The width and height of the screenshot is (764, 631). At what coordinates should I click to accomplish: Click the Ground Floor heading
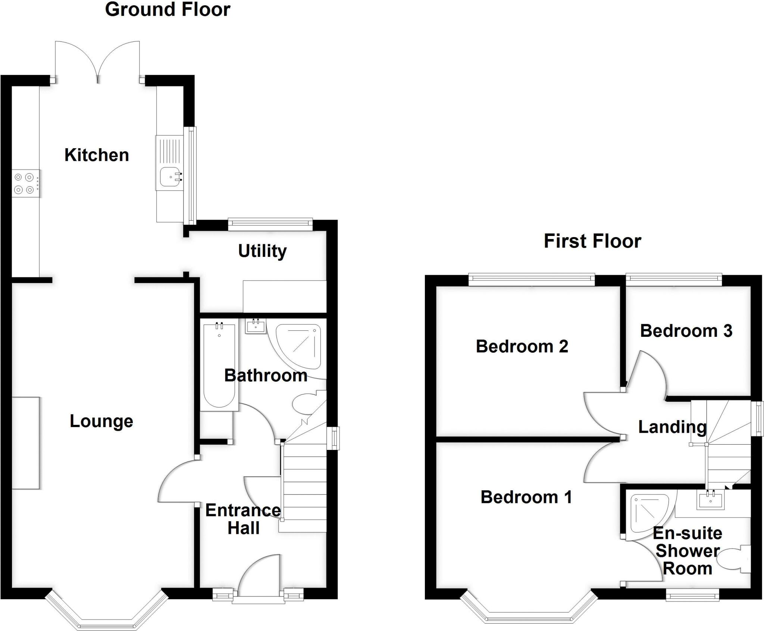click(167, 9)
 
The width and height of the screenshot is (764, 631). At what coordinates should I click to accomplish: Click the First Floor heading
click(592, 241)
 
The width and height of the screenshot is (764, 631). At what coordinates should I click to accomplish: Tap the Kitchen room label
click(97, 155)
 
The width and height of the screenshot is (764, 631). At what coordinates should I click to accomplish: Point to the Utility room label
click(262, 251)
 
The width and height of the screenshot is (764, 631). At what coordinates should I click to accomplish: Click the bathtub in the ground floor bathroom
click(219, 365)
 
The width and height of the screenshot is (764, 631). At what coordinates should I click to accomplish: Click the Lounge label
click(101, 422)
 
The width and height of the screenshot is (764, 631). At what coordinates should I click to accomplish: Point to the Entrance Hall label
click(243, 519)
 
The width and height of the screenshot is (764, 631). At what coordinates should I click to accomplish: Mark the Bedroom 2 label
click(522, 346)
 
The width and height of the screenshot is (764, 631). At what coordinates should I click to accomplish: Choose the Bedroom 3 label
click(686, 331)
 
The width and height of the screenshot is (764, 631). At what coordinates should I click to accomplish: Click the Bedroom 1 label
click(526, 497)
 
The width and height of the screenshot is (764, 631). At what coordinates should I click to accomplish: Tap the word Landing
click(672, 427)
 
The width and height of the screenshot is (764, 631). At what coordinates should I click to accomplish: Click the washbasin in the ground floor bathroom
click(256, 326)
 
